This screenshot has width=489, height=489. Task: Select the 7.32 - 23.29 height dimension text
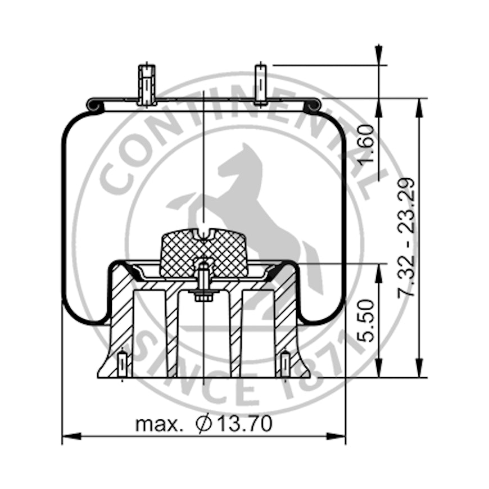406,238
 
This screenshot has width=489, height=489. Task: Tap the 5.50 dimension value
365,320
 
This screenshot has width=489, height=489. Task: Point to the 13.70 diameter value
244,423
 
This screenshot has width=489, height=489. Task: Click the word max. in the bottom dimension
159,424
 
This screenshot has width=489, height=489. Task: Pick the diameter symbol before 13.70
204,423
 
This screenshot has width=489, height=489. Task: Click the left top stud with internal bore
147,85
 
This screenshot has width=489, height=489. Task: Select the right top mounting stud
261,84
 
